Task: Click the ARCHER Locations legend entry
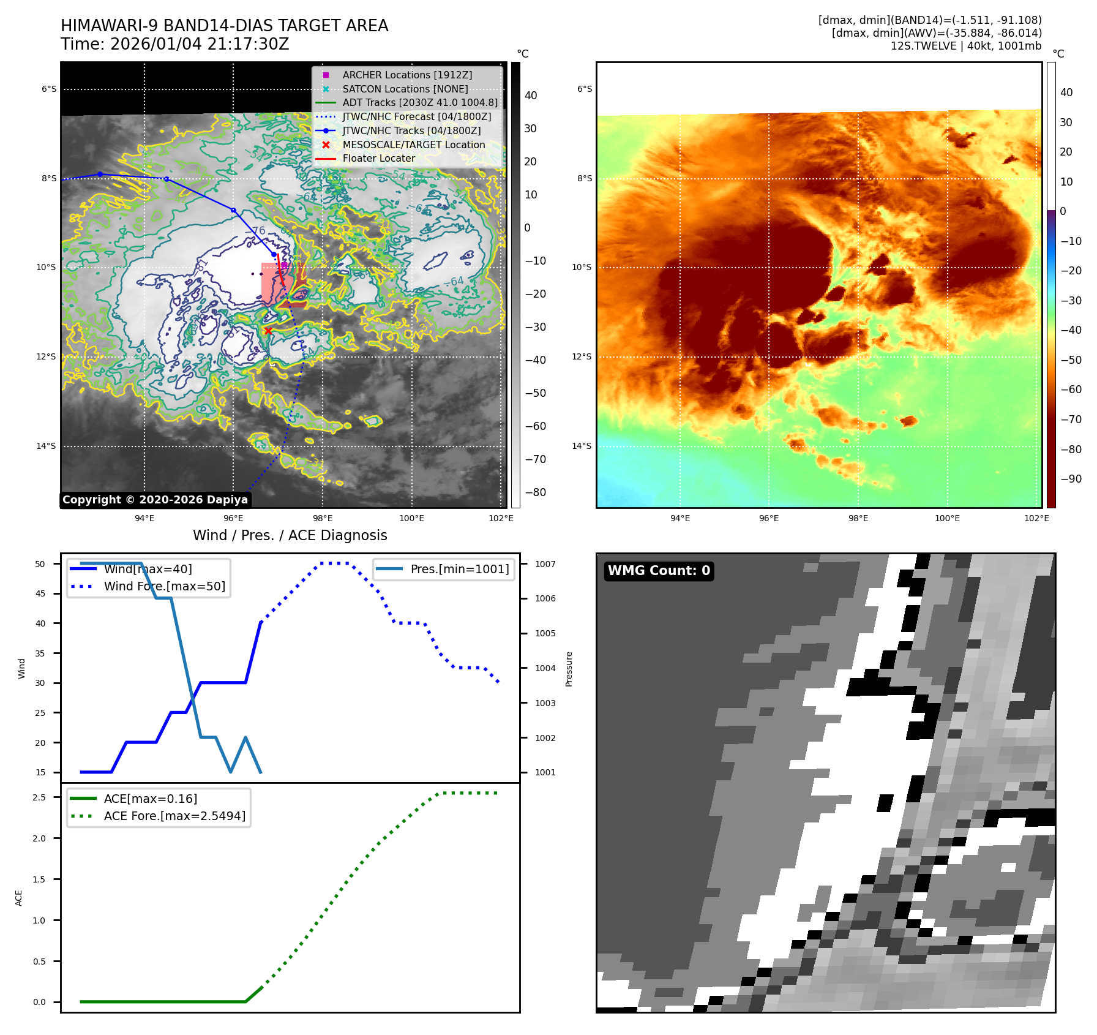(407, 75)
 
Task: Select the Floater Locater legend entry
(378, 158)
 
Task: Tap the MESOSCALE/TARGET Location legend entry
(413, 145)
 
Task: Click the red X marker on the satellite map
(268, 331)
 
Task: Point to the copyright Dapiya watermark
(155, 500)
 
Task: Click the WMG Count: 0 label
(659, 571)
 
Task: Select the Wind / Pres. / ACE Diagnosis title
(290, 535)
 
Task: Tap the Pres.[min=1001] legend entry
(459, 569)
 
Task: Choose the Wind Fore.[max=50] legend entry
(164, 586)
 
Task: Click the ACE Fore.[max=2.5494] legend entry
(174, 816)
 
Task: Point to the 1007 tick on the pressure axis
(545, 564)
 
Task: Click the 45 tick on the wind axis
(40, 593)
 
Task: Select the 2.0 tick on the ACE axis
(39, 838)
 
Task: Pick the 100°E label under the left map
(411, 518)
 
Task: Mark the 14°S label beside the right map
(582, 446)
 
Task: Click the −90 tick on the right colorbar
(1071, 479)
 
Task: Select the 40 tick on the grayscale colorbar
(531, 96)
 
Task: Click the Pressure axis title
(569, 669)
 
